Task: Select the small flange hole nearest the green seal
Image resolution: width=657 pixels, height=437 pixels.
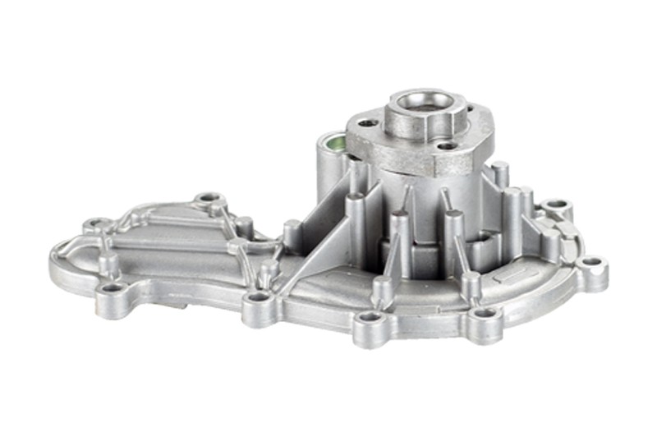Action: pyautogui.click(x=368, y=123)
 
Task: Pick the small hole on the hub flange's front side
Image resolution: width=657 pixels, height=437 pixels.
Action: pyautogui.click(x=448, y=146)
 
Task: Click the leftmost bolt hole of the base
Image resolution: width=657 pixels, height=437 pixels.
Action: pyautogui.click(x=96, y=223)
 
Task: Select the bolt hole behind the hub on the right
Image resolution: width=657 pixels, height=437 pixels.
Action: pyautogui.click(x=556, y=203)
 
